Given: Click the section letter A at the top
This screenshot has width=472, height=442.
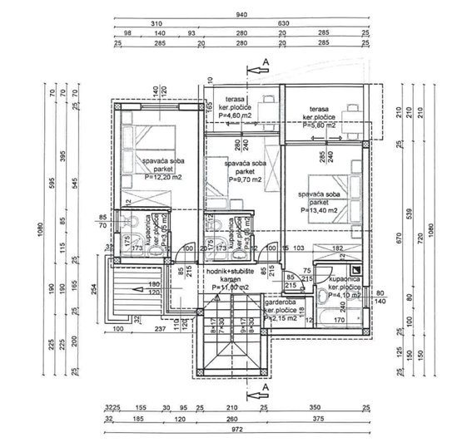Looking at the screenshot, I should tap(265, 62).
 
